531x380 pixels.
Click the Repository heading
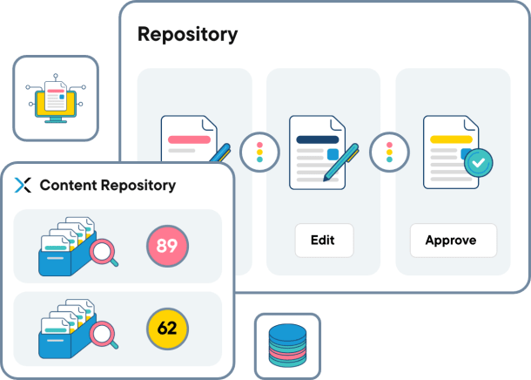(x=187, y=35)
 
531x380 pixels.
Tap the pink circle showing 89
(x=167, y=247)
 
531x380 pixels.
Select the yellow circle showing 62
(x=167, y=329)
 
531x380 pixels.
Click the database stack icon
(x=287, y=345)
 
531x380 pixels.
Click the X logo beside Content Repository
(x=24, y=185)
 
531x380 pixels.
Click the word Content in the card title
(x=69, y=185)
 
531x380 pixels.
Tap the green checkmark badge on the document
(x=478, y=161)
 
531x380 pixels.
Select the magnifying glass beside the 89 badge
(x=105, y=253)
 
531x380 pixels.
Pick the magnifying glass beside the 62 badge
(x=105, y=335)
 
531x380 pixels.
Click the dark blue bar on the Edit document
(x=317, y=139)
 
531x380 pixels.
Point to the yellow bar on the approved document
(x=450, y=138)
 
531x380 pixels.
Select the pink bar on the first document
(x=189, y=139)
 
